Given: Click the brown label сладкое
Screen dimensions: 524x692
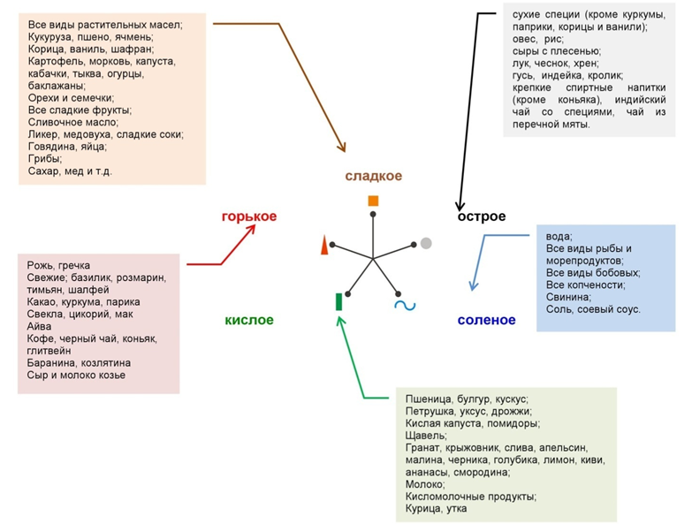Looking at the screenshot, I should pos(374,177).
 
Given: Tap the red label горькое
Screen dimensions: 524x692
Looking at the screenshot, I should pos(249,216).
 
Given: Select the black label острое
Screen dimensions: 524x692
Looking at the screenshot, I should pos(482,216).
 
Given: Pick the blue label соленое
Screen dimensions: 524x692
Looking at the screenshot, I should pos(486,320).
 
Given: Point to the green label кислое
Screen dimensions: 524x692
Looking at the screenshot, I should pos(248,320).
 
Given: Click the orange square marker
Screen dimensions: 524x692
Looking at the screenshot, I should pos(373,201).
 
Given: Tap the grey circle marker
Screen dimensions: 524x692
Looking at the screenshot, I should pos(426,243).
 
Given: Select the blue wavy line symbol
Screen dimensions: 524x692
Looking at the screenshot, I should pos(405,306).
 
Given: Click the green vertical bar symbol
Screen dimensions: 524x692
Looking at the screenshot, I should pos(339,301).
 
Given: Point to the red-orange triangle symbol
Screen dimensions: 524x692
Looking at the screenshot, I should pos(325,245).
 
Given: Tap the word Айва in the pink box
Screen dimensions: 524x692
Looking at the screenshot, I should pos(41,326).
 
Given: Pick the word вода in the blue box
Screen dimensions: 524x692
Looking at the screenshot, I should pos(559,236).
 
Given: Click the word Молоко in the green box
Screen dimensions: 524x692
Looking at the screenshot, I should pos(425,484).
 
